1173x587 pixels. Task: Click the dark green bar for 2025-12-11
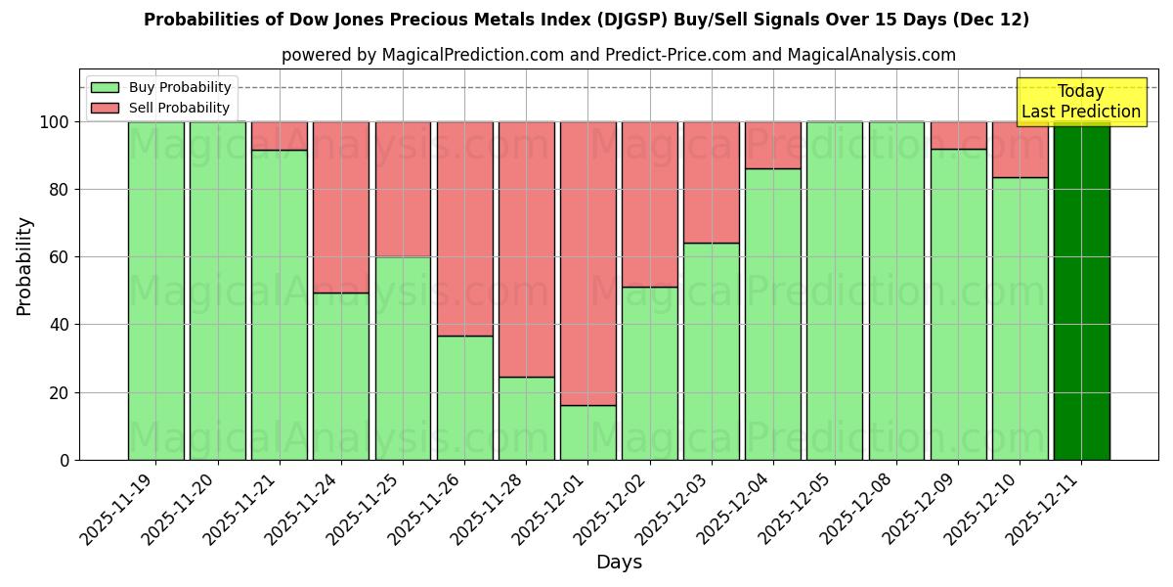point(1081,291)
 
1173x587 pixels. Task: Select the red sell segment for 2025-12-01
point(587,263)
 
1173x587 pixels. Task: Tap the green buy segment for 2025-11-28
point(526,418)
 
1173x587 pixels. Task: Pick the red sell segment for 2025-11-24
point(340,206)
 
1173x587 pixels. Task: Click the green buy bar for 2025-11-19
point(155,291)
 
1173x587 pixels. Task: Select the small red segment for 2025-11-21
point(279,136)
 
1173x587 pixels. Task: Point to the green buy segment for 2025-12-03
point(711,351)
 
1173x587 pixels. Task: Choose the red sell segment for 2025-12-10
point(1020,150)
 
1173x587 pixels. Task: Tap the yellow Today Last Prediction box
point(1080,102)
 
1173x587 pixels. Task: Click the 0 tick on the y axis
point(65,460)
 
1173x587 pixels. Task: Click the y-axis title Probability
point(24,266)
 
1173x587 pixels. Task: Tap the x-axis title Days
point(619,563)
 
